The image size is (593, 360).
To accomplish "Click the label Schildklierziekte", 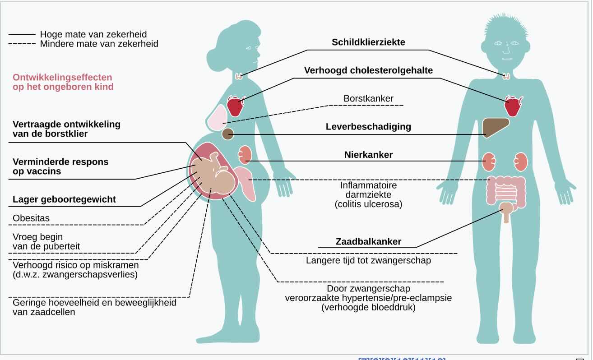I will click(x=368, y=42).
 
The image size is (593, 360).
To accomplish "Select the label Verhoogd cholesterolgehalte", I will click(x=368, y=70).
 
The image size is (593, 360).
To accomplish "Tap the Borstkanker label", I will click(x=368, y=98).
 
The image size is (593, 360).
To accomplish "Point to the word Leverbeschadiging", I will click(x=368, y=127).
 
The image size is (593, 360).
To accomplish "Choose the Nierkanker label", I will click(x=368, y=155).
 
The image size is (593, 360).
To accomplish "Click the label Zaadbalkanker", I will click(x=368, y=241).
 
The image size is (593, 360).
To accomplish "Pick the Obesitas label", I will click(x=31, y=218).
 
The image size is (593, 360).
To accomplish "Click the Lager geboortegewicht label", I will click(x=64, y=199).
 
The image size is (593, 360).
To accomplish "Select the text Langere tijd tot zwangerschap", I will click(x=368, y=260).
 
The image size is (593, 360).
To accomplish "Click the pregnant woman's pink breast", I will click(x=217, y=115).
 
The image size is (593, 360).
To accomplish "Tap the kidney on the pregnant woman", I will click(x=244, y=154).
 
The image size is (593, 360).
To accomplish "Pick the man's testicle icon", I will click(x=508, y=208).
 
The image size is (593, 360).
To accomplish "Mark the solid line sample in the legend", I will click(x=21, y=34).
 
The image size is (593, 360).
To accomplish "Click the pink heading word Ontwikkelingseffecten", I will click(x=62, y=77).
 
